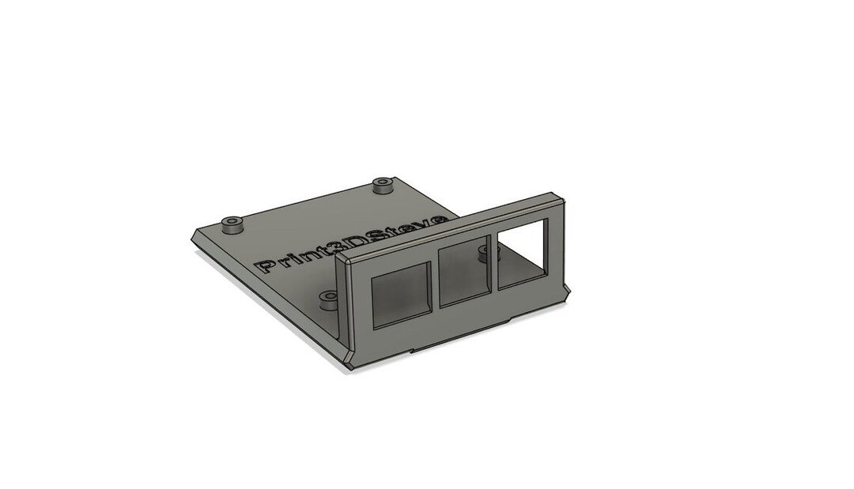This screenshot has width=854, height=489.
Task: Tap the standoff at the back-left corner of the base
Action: (x=232, y=225)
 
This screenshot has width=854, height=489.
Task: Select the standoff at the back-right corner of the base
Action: (x=383, y=186)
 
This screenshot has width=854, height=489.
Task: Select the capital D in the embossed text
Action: (x=361, y=243)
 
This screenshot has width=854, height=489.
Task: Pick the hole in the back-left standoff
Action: (x=232, y=221)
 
